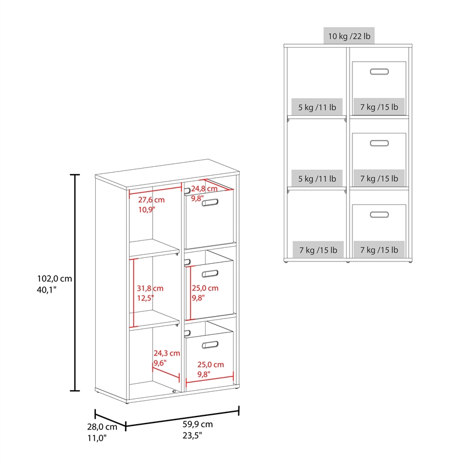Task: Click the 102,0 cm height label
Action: click(55, 278)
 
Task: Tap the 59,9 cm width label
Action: click(198, 424)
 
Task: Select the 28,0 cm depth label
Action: click(102, 427)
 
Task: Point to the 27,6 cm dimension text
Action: click(152, 200)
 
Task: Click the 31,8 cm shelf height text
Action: click(150, 288)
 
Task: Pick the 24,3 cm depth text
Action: click(167, 353)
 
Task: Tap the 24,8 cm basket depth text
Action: click(204, 189)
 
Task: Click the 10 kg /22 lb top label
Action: click(349, 36)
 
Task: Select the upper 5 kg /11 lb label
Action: click(317, 107)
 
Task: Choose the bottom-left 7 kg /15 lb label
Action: click(318, 250)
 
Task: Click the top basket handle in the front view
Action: click(380, 72)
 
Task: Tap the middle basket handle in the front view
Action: click(380, 143)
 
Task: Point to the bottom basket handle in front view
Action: click(380, 214)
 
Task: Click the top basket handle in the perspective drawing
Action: click(210, 203)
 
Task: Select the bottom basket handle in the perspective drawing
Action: click(210, 345)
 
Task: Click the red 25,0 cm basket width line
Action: click(210, 380)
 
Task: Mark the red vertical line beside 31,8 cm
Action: click(133, 293)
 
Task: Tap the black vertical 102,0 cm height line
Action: click(75, 283)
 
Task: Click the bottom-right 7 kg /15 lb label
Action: click(379, 250)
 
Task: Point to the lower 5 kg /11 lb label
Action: click(317, 179)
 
